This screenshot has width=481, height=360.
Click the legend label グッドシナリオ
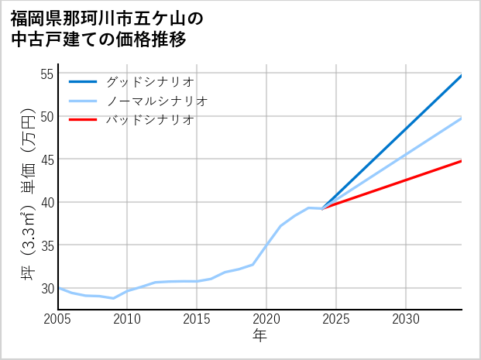coord(150,81)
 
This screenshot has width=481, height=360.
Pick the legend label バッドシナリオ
coord(150,120)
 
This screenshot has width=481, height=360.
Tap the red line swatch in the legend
coord(83,120)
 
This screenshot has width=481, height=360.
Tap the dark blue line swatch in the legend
coord(83,81)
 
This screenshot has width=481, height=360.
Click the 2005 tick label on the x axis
coord(58,319)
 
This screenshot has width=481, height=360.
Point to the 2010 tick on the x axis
coord(128,319)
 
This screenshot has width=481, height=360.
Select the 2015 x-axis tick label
coord(198,319)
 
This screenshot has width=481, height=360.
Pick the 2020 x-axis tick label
coord(266,319)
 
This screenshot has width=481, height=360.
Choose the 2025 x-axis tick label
coord(336,319)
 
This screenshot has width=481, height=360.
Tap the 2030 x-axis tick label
coord(406,319)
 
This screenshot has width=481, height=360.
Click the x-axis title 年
coord(259,336)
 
